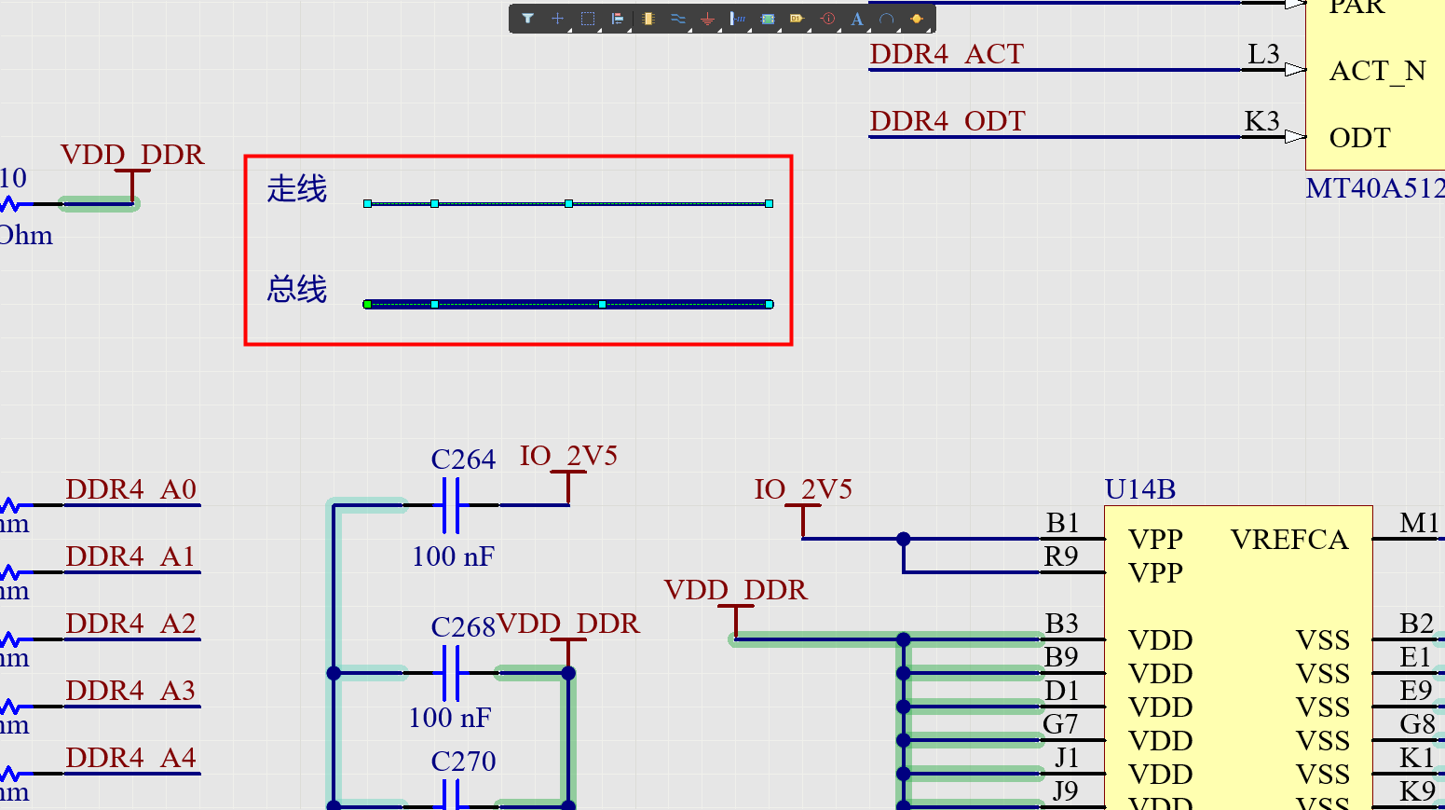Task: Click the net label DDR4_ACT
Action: pos(947,55)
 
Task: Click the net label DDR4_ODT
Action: pos(947,122)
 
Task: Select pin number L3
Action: pos(1263,55)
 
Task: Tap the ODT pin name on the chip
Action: pos(1359,138)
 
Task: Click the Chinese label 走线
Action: pos(297,189)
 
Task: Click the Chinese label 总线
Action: pos(297,289)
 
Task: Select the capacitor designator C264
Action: pos(463,460)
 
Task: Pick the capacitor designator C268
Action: pos(463,627)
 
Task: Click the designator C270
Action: pos(463,762)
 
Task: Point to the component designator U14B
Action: pos(1140,489)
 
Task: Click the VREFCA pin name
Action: pos(1289,540)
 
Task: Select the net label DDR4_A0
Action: pos(131,489)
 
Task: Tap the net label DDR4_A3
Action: pos(131,691)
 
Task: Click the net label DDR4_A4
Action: pos(131,758)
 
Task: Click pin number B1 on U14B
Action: pos(1062,523)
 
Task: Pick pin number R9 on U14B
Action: pos(1061,556)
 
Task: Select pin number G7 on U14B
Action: pos(1060,724)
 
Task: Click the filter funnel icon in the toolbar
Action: pos(528,19)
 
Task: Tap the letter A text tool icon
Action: pos(857,19)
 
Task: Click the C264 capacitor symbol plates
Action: pos(451,505)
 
